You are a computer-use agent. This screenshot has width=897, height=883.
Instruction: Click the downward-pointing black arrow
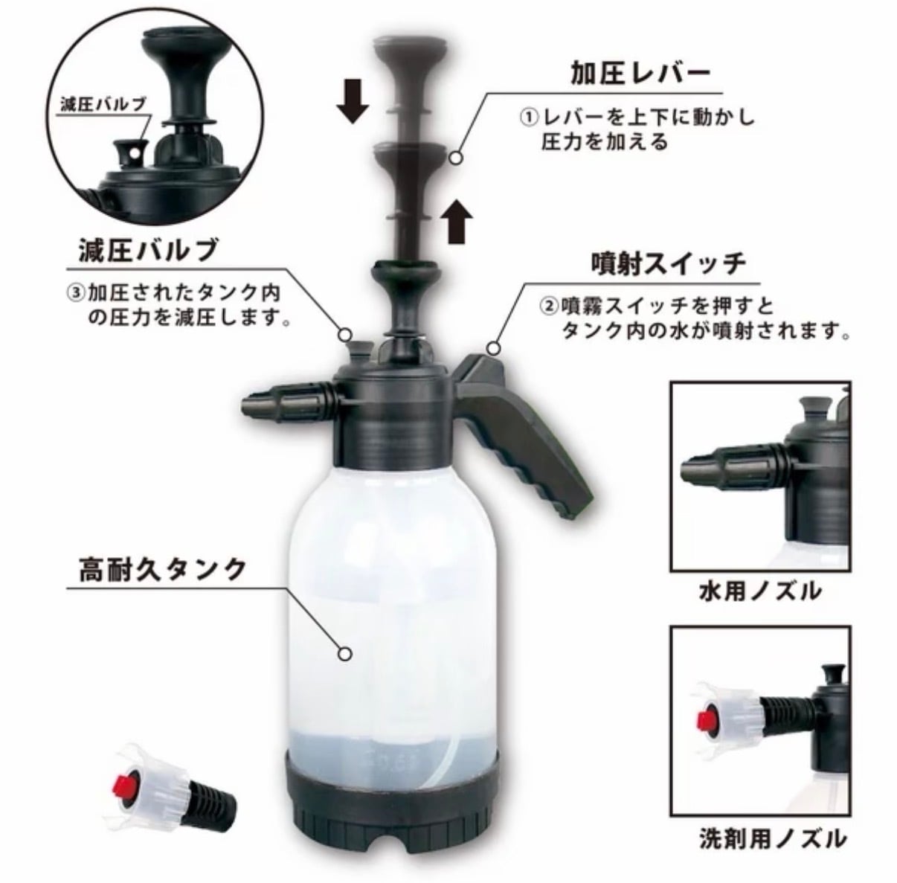pyautogui.click(x=353, y=100)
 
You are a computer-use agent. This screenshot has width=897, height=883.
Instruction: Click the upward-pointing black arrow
pyautogui.click(x=457, y=221)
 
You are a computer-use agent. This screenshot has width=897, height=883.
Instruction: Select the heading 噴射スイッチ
pyautogui.click(x=669, y=265)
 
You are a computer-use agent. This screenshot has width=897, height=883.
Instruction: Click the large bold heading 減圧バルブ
pyautogui.click(x=149, y=250)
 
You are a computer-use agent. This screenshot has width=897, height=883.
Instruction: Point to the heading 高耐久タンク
pyautogui.click(x=162, y=569)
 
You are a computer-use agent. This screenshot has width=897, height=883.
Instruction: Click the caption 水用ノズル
pyautogui.click(x=761, y=591)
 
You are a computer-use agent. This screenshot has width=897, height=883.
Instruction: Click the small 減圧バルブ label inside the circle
pyautogui.click(x=103, y=104)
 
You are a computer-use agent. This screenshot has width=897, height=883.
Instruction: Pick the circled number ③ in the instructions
pyautogui.click(x=76, y=293)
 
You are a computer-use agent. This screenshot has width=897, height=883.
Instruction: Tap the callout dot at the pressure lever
pyautogui.click(x=457, y=158)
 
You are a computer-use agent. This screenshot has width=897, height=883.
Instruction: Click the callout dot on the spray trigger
pyautogui.click(x=494, y=348)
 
